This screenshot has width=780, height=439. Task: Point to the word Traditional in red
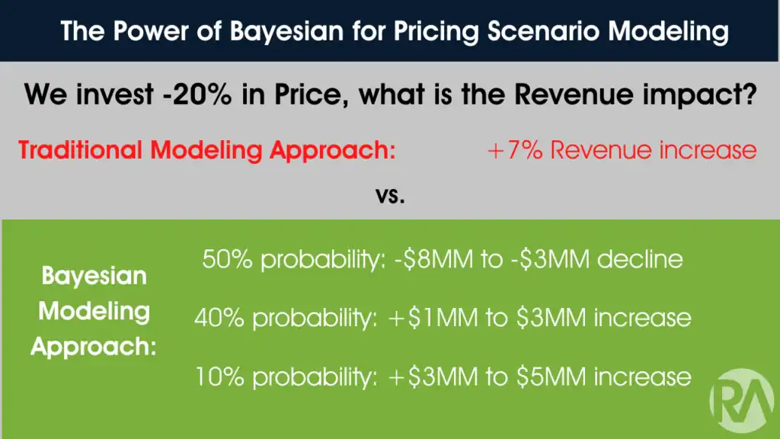coord(81,149)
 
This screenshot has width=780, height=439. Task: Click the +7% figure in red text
coord(514,149)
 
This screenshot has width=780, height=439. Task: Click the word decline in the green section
coord(640,260)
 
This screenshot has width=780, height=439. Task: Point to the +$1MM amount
coord(421,316)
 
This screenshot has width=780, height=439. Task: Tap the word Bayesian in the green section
coord(93,275)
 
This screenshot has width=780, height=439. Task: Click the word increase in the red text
coord(707,149)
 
